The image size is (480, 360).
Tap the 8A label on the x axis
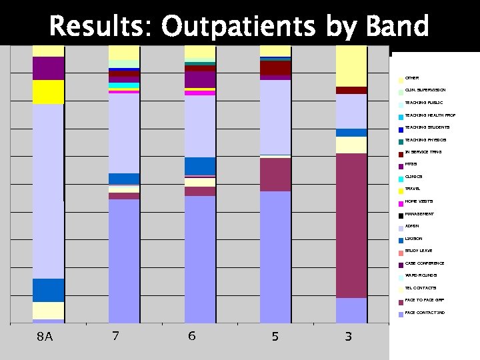pos(45,337)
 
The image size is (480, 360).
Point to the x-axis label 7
pos(115,336)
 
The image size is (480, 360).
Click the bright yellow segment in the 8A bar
pos(48,92)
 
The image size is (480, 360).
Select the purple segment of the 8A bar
pos(48,68)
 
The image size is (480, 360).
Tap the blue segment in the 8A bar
pos(48,290)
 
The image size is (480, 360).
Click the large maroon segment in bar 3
pos(351,225)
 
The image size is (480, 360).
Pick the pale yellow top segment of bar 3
pos(351,65)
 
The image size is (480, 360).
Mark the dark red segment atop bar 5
pos(275,67)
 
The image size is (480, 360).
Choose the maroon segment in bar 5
pos(275,175)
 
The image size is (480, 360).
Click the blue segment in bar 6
pos(200,165)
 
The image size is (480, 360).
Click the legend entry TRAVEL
pos(413,189)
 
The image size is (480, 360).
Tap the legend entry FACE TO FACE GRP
pos(420,300)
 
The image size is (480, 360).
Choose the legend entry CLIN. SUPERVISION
pos(425,89)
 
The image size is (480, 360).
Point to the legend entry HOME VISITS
pos(418,201)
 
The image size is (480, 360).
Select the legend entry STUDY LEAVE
pos(418,251)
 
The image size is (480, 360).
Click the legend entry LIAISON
pos(413,239)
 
